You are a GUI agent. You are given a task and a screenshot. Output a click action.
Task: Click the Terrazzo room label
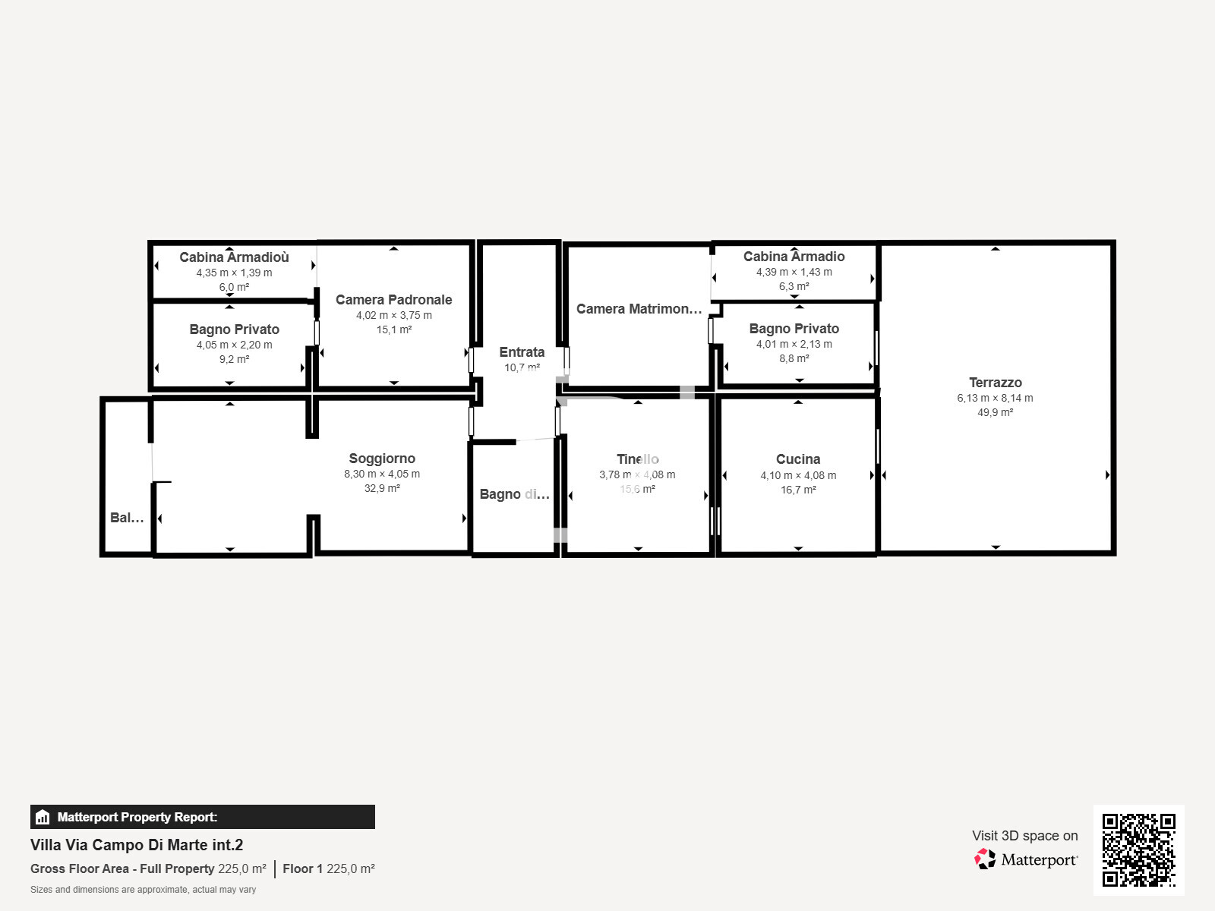point(995,383)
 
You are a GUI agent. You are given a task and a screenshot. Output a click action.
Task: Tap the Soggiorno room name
point(382,459)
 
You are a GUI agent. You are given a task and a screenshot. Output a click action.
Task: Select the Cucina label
point(798,459)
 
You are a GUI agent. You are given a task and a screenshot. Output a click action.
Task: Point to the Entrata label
point(522,352)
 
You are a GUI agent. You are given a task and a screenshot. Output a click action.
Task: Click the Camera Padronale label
point(393,300)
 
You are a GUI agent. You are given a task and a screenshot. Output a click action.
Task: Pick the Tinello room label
point(638,459)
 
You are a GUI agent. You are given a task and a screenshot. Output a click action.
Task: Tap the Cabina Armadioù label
point(234,257)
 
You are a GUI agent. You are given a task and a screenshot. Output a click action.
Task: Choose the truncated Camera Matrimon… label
point(639,309)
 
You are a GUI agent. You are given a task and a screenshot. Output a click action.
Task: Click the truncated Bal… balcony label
point(127,518)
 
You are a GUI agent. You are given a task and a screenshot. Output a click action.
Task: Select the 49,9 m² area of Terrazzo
point(995,412)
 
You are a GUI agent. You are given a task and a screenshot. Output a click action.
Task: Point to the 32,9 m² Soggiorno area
point(382,488)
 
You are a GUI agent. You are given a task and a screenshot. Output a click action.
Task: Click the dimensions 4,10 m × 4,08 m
point(798,475)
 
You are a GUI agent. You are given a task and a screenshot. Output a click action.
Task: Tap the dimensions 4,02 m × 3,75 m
point(393,315)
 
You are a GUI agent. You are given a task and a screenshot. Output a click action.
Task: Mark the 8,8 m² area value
point(794,358)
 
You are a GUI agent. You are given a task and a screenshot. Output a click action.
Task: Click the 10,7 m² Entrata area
point(522,367)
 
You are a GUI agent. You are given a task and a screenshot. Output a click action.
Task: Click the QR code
point(1138,850)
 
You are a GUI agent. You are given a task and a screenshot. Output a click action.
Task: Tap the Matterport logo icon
point(985,859)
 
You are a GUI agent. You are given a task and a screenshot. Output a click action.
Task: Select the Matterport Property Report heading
point(137,817)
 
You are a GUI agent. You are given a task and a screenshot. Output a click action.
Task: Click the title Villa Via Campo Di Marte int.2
point(137,845)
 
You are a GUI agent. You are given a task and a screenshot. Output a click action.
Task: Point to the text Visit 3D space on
point(1024,836)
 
